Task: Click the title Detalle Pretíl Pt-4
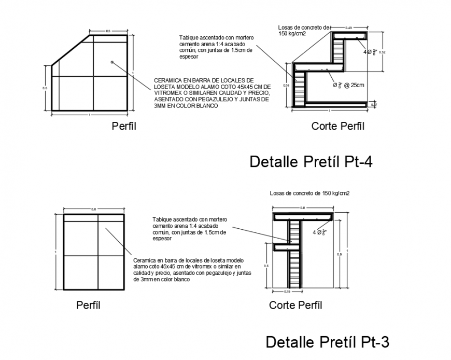tap(311, 162)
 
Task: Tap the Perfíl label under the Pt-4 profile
tap(124, 126)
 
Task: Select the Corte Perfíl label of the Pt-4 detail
tap(337, 126)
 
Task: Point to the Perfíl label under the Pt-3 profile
tap(88, 306)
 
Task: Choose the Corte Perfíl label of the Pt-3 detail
tap(295, 306)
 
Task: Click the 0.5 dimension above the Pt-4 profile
tap(108, 32)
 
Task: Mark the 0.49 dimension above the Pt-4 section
tap(348, 27)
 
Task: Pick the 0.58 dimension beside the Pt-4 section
tap(286, 85)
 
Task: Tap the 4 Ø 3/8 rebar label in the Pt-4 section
tap(370, 52)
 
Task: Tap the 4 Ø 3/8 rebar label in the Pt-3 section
tap(319, 232)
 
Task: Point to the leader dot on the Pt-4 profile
tap(111, 62)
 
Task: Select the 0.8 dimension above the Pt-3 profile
tap(94, 209)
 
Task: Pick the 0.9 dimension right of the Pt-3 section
tap(340, 254)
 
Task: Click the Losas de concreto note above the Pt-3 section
tap(309, 193)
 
